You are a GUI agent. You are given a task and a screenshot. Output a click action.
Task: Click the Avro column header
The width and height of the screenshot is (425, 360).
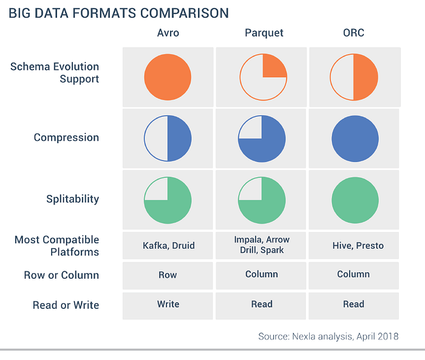pos(168,32)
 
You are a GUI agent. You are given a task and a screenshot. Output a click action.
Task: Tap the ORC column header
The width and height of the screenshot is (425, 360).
pos(354,32)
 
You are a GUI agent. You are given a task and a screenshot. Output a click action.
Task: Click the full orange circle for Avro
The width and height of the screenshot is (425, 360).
pos(168,77)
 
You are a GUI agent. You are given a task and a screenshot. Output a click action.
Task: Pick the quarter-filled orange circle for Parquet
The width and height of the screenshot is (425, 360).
pos(262,77)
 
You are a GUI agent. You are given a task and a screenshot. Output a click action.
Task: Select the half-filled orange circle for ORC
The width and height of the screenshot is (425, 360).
pos(353,77)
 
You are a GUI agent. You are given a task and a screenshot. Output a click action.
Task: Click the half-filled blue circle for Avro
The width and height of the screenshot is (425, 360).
pos(168,138)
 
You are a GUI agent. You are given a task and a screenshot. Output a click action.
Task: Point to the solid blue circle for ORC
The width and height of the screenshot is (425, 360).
pos(355,138)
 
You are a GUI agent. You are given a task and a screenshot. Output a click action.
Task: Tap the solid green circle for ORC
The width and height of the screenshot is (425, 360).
pos(355,199)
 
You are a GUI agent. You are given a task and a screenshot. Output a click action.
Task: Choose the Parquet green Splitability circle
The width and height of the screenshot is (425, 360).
pos(262,199)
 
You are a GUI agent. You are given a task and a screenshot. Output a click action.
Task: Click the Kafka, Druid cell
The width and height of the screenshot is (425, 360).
pos(168,245)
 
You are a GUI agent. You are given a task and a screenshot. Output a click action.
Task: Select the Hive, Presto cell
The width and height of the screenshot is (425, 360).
pos(354,245)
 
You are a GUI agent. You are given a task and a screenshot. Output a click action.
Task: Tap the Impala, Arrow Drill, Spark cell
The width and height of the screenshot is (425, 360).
pos(262,245)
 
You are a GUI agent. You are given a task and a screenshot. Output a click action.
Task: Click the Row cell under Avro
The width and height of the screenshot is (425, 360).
pos(168,275)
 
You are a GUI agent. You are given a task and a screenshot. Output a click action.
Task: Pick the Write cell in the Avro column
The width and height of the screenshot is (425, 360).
pos(168,304)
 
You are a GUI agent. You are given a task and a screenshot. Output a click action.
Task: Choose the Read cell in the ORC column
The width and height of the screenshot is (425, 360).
pos(354,304)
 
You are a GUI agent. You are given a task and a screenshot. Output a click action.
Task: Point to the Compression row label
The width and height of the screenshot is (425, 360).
pos(66,138)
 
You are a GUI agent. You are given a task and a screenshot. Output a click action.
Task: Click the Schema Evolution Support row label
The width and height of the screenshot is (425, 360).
pos(55,73)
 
